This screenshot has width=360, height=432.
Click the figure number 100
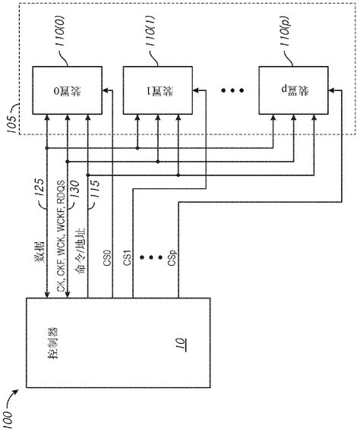(16, 410)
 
